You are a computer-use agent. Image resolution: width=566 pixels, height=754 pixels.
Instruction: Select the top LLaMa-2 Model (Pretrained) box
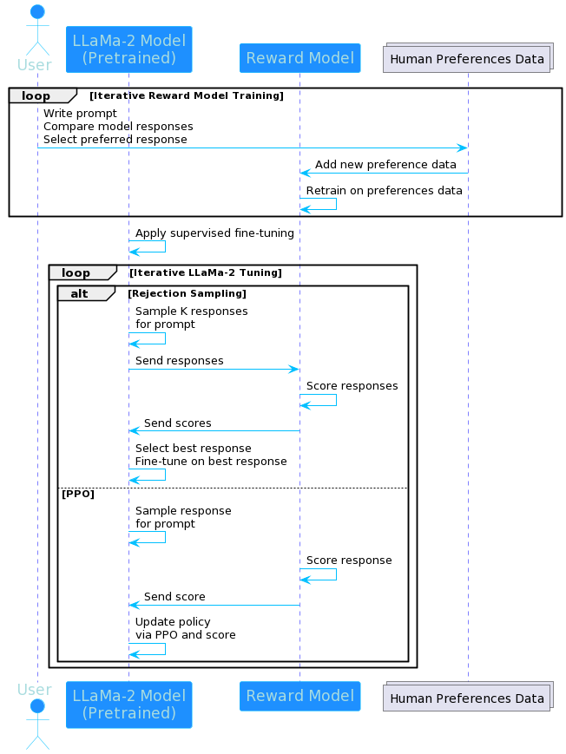coord(128,49)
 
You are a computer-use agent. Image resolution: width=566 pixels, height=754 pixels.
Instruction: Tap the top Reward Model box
coord(299,58)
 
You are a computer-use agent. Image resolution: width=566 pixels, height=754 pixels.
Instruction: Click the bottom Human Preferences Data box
coord(467,697)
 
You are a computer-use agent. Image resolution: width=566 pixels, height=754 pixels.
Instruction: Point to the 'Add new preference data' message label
coord(385,165)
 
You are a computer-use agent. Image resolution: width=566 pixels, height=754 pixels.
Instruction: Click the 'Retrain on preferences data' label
coord(384,191)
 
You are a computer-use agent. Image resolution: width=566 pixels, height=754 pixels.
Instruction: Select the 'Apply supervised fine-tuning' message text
coord(214,233)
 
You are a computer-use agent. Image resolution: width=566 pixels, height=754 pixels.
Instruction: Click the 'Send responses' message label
coord(179,361)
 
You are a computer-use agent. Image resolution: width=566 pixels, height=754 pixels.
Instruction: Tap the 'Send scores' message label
coord(177,423)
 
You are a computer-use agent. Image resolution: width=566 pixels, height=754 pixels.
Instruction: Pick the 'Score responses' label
coord(352,386)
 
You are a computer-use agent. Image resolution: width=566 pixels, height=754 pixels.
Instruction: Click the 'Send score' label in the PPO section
coord(174,597)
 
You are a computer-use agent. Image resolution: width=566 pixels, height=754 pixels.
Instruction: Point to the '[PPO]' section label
coord(77,494)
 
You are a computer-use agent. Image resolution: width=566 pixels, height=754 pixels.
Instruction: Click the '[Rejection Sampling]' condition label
coord(187,293)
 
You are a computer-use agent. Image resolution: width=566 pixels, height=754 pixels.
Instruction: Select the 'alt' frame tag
coord(80,294)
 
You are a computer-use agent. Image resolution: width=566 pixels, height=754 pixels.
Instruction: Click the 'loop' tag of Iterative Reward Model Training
coord(36,95)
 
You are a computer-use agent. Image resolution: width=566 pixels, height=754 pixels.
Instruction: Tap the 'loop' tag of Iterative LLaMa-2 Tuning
coord(76,272)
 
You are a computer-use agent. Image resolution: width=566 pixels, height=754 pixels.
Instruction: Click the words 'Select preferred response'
coord(115,140)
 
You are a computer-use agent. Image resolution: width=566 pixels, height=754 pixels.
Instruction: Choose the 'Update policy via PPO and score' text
coord(185,628)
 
